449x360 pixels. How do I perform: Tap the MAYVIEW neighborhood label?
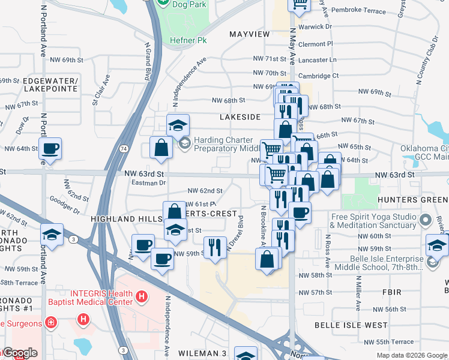(249, 34)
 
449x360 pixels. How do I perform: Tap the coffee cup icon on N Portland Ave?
(50, 148)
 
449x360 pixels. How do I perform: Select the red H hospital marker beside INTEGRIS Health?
(141, 296)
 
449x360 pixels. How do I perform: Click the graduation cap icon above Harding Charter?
(178, 125)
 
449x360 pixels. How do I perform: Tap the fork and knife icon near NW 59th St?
(214, 246)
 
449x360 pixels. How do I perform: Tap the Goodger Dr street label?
(65, 206)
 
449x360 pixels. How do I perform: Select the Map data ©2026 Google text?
(411, 355)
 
